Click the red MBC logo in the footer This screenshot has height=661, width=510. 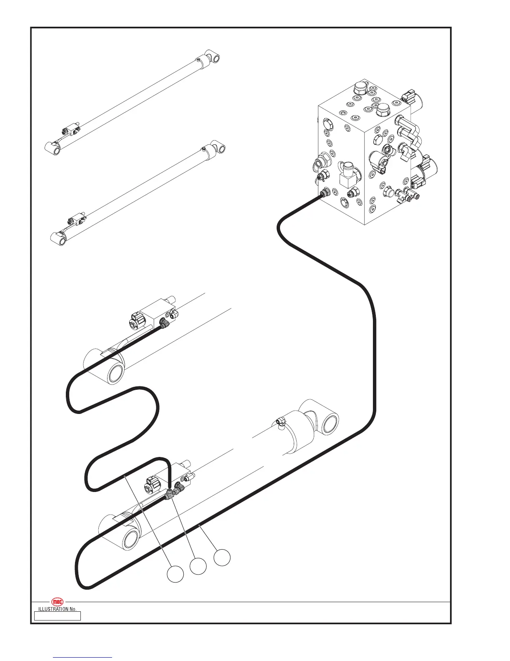point(57,602)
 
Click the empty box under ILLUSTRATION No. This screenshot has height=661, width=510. point(57,616)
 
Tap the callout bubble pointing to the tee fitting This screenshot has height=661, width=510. point(198,566)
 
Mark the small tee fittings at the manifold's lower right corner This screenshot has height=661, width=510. point(404,194)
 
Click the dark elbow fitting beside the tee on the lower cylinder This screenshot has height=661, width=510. point(180,487)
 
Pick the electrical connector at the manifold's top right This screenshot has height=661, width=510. point(408,97)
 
